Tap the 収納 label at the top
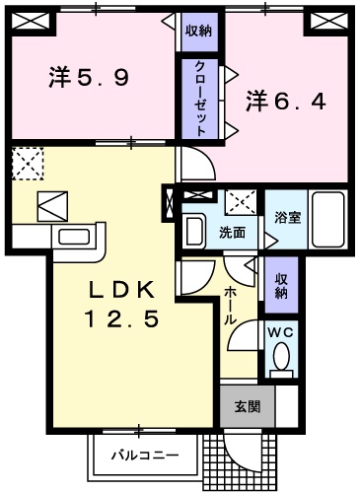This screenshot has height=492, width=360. pyautogui.click(x=198, y=31)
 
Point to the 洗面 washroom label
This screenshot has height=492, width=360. pyautogui.click(x=232, y=233)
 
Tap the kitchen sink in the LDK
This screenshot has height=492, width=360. pyautogui.click(x=73, y=237)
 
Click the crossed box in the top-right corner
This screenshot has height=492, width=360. pyautogui.click(x=324, y=21)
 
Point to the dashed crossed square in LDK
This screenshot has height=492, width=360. pyautogui.click(x=27, y=161)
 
